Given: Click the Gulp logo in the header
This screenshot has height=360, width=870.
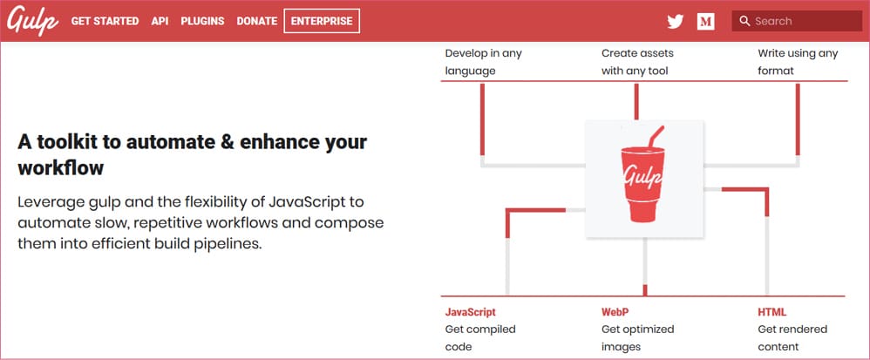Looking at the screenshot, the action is [33, 21].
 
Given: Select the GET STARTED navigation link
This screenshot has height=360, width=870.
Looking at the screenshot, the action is [105, 21].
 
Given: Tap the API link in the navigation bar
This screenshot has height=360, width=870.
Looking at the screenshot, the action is [160, 21].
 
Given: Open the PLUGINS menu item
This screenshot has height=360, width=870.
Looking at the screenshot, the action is [202, 21].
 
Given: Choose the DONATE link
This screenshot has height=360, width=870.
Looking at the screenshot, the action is [257, 21].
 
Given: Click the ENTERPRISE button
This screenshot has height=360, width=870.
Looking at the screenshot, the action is [322, 21].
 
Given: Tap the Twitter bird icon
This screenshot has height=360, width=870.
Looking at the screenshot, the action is [676, 22].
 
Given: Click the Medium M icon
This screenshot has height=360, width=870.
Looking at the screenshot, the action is [706, 22].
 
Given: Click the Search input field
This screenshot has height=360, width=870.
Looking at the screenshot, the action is [797, 21].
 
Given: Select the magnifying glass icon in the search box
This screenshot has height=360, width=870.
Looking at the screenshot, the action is [744, 22].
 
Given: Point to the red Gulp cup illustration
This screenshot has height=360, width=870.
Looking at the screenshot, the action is [643, 175].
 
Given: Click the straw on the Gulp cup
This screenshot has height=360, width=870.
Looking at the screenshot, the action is [656, 137].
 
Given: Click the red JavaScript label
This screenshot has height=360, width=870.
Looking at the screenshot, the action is [471, 312].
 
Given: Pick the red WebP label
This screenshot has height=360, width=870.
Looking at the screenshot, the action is [615, 312].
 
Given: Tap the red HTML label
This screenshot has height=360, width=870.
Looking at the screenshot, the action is [772, 312].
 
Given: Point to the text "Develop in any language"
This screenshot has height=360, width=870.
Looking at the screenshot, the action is [483, 62].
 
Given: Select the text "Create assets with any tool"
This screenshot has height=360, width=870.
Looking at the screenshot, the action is [637, 62].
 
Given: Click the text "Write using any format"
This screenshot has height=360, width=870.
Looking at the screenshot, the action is [798, 62].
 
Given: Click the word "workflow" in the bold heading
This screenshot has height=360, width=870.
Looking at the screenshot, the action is [61, 167].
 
